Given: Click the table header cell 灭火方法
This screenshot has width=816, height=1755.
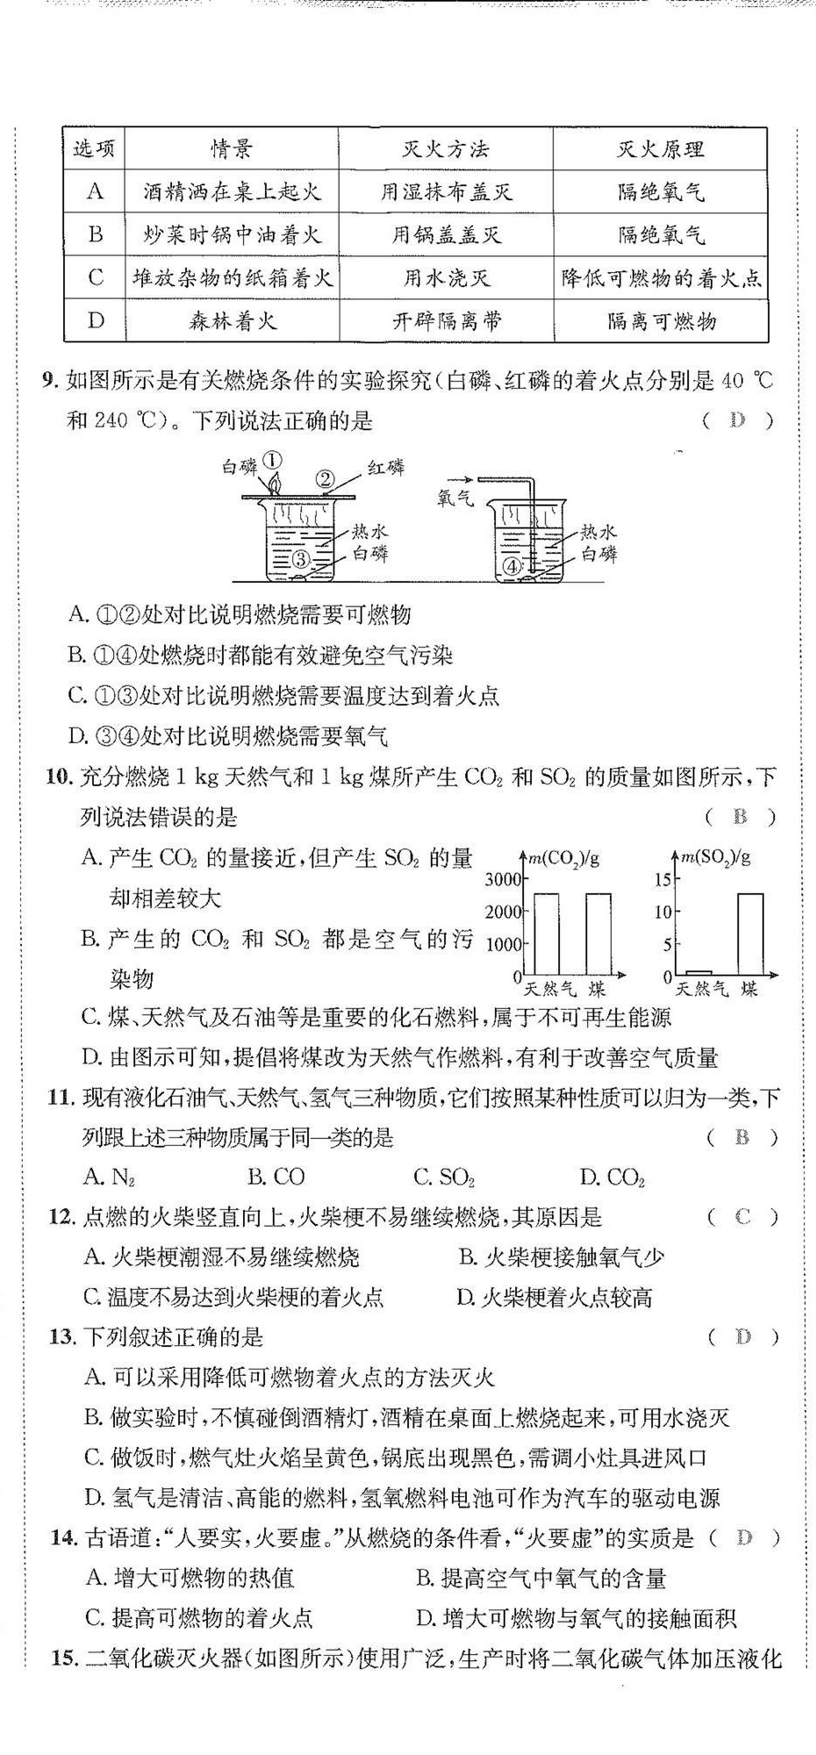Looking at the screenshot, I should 446,149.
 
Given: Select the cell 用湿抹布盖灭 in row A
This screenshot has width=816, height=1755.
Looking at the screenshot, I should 446,192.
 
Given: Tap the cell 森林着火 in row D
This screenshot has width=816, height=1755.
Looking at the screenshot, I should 233,321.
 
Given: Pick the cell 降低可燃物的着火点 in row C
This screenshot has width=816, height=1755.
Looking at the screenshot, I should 661,278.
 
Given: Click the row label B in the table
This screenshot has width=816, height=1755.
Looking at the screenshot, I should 95,235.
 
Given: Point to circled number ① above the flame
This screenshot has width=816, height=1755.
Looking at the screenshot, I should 273,461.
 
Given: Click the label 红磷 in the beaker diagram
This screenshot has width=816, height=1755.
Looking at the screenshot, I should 386,468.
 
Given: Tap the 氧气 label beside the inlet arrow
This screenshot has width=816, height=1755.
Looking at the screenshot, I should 455,498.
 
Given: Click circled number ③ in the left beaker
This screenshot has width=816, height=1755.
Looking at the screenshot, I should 299,559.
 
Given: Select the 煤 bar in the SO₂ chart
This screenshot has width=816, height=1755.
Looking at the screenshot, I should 749,934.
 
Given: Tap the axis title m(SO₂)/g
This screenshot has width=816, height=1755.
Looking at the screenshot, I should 717,858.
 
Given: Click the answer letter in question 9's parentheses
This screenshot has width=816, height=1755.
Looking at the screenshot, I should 737,420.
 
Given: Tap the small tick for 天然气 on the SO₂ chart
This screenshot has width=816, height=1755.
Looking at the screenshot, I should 698,972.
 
